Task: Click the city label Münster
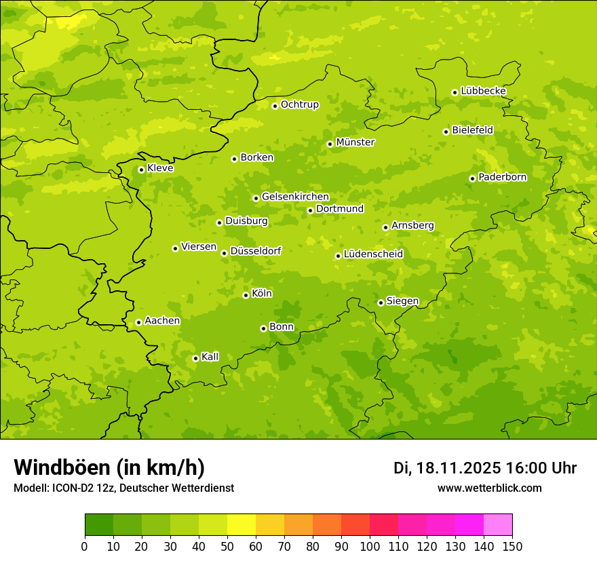coord(355,142)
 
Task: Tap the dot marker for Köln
coord(246,295)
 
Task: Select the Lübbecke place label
coord(483,91)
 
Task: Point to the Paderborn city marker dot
coord(473,178)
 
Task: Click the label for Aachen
coord(162,321)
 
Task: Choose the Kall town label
coord(210,357)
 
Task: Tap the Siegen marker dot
coord(381,303)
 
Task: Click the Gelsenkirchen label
coord(295,197)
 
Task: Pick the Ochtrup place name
coord(300,104)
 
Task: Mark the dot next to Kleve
coord(141,170)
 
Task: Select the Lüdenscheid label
coord(373,254)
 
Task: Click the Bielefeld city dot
coord(446,132)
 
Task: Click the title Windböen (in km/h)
coord(109,468)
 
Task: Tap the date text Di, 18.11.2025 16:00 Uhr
coord(485,468)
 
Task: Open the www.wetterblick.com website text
coord(489,488)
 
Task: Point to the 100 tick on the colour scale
coord(370,546)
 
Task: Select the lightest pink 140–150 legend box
coord(498,525)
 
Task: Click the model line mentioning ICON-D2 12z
coord(123,488)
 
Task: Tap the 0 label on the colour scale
coord(85,546)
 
